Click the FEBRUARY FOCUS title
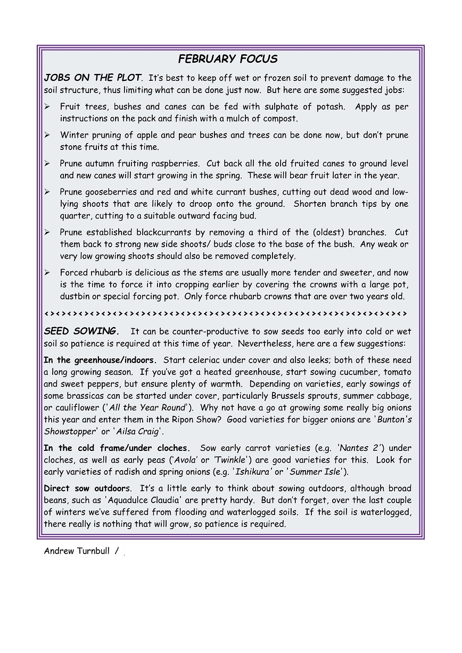pos(228,59)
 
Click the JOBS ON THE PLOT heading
pos(93,78)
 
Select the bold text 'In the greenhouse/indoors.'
pos(100,361)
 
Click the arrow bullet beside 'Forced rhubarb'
pos(47,273)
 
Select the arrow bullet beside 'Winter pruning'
pos(47,136)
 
